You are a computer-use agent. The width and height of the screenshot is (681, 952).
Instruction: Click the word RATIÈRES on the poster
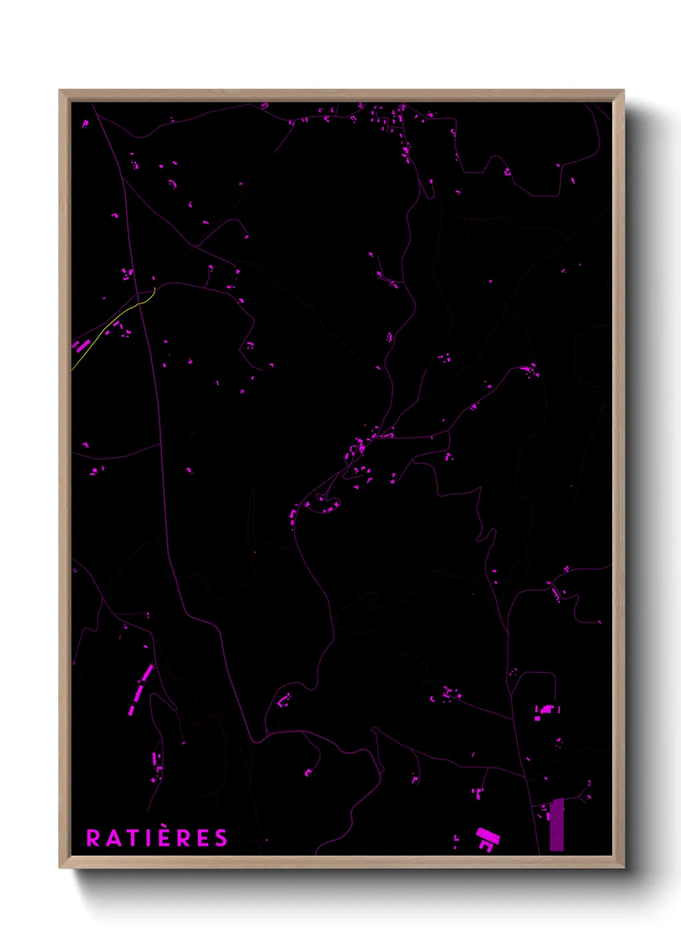(x=157, y=838)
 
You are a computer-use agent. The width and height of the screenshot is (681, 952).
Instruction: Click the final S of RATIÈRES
(x=221, y=838)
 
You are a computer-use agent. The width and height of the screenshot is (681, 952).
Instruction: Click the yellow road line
(x=109, y=325)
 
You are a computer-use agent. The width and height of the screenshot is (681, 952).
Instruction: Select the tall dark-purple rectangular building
(x=557, y=825)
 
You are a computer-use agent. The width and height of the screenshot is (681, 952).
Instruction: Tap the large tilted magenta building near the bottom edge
(x=488, y=837)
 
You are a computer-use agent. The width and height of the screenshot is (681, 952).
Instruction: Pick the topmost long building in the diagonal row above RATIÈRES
(x=147, y=673)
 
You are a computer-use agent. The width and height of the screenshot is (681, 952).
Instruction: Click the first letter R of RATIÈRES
(x=93, y=838)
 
